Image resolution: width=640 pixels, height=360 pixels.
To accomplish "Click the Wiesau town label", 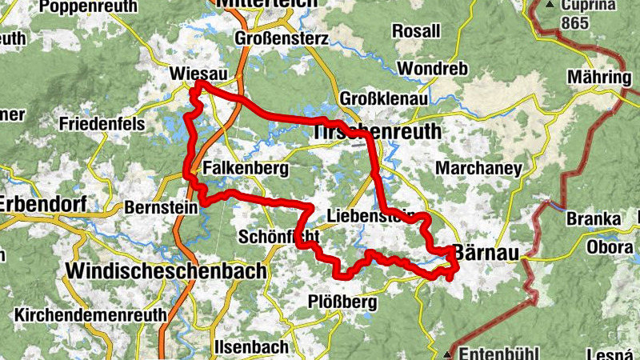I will (x=194, y=74).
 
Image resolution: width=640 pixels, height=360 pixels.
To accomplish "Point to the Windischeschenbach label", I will (x=166, y=271).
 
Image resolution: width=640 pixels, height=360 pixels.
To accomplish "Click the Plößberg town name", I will (x=342, y=302).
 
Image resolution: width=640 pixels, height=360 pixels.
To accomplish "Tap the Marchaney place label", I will (x=478, y=169).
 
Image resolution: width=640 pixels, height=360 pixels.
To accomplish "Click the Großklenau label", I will (x=384, y=98).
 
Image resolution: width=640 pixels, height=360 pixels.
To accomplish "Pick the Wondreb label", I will (x=432, y=69).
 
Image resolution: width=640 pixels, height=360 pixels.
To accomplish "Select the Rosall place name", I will (x=416, y=31).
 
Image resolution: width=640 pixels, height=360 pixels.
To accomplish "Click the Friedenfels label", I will (x=101, y=124).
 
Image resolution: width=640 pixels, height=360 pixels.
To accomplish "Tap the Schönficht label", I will (x=279, y=237).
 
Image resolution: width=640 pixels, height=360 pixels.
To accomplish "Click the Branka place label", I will (x=593, y=218).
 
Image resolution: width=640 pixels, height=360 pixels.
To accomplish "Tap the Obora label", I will (x=609, y=246).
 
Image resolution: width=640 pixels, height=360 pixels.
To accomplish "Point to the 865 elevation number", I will (x=598, y=23).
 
